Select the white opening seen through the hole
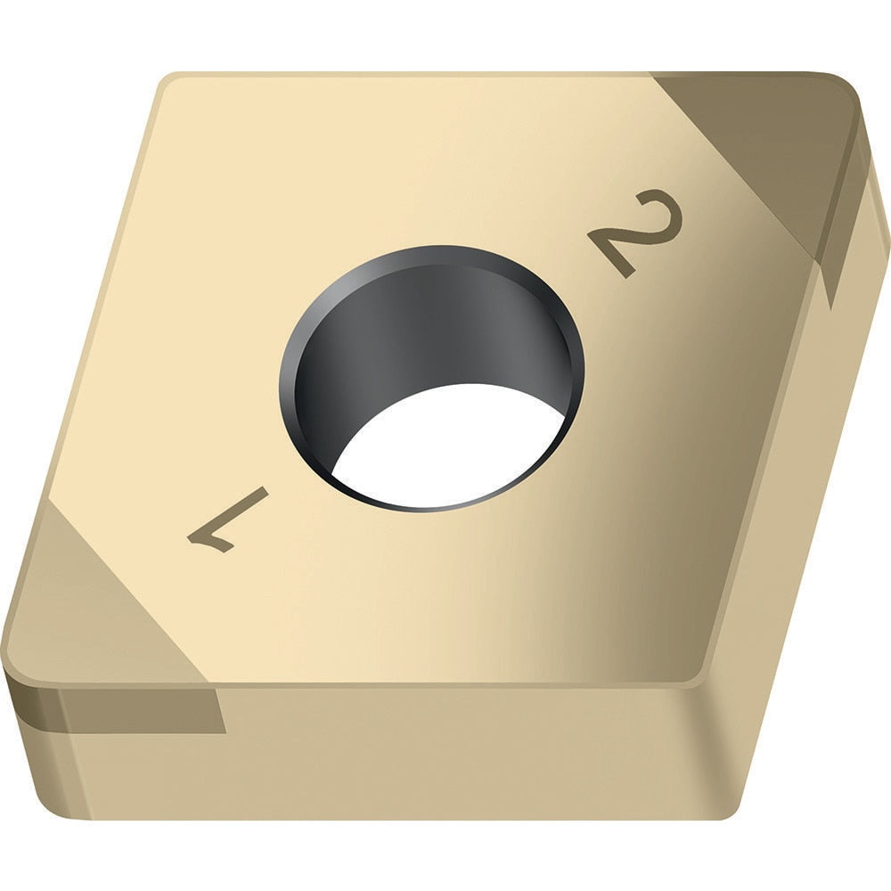click(x=445, y=445)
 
